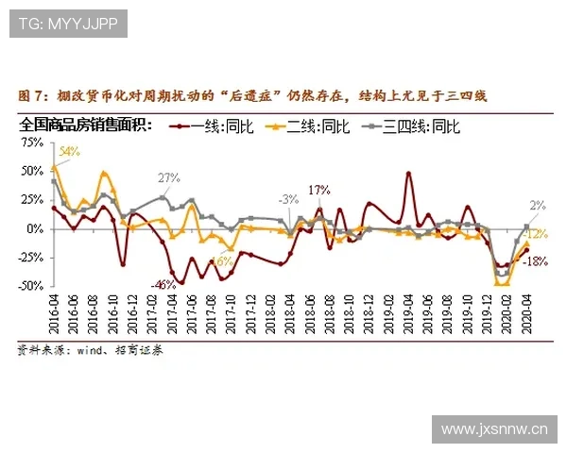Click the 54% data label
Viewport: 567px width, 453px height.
pos(69,151)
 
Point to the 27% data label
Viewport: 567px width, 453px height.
pos(169,178)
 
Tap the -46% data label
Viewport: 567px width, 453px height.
pos(164,284)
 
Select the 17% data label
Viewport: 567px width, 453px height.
pos(319,190)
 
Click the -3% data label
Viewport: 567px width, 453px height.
pos(288,199)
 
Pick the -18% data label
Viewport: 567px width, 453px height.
pos(536,260)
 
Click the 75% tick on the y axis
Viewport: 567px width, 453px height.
pos(32,143)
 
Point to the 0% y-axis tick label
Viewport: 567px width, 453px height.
pos(36,228)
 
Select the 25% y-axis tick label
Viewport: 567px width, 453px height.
pos(32,200)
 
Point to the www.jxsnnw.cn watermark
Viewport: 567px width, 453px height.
pos(494,430)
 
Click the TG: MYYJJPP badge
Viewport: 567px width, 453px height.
pos(68,24)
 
